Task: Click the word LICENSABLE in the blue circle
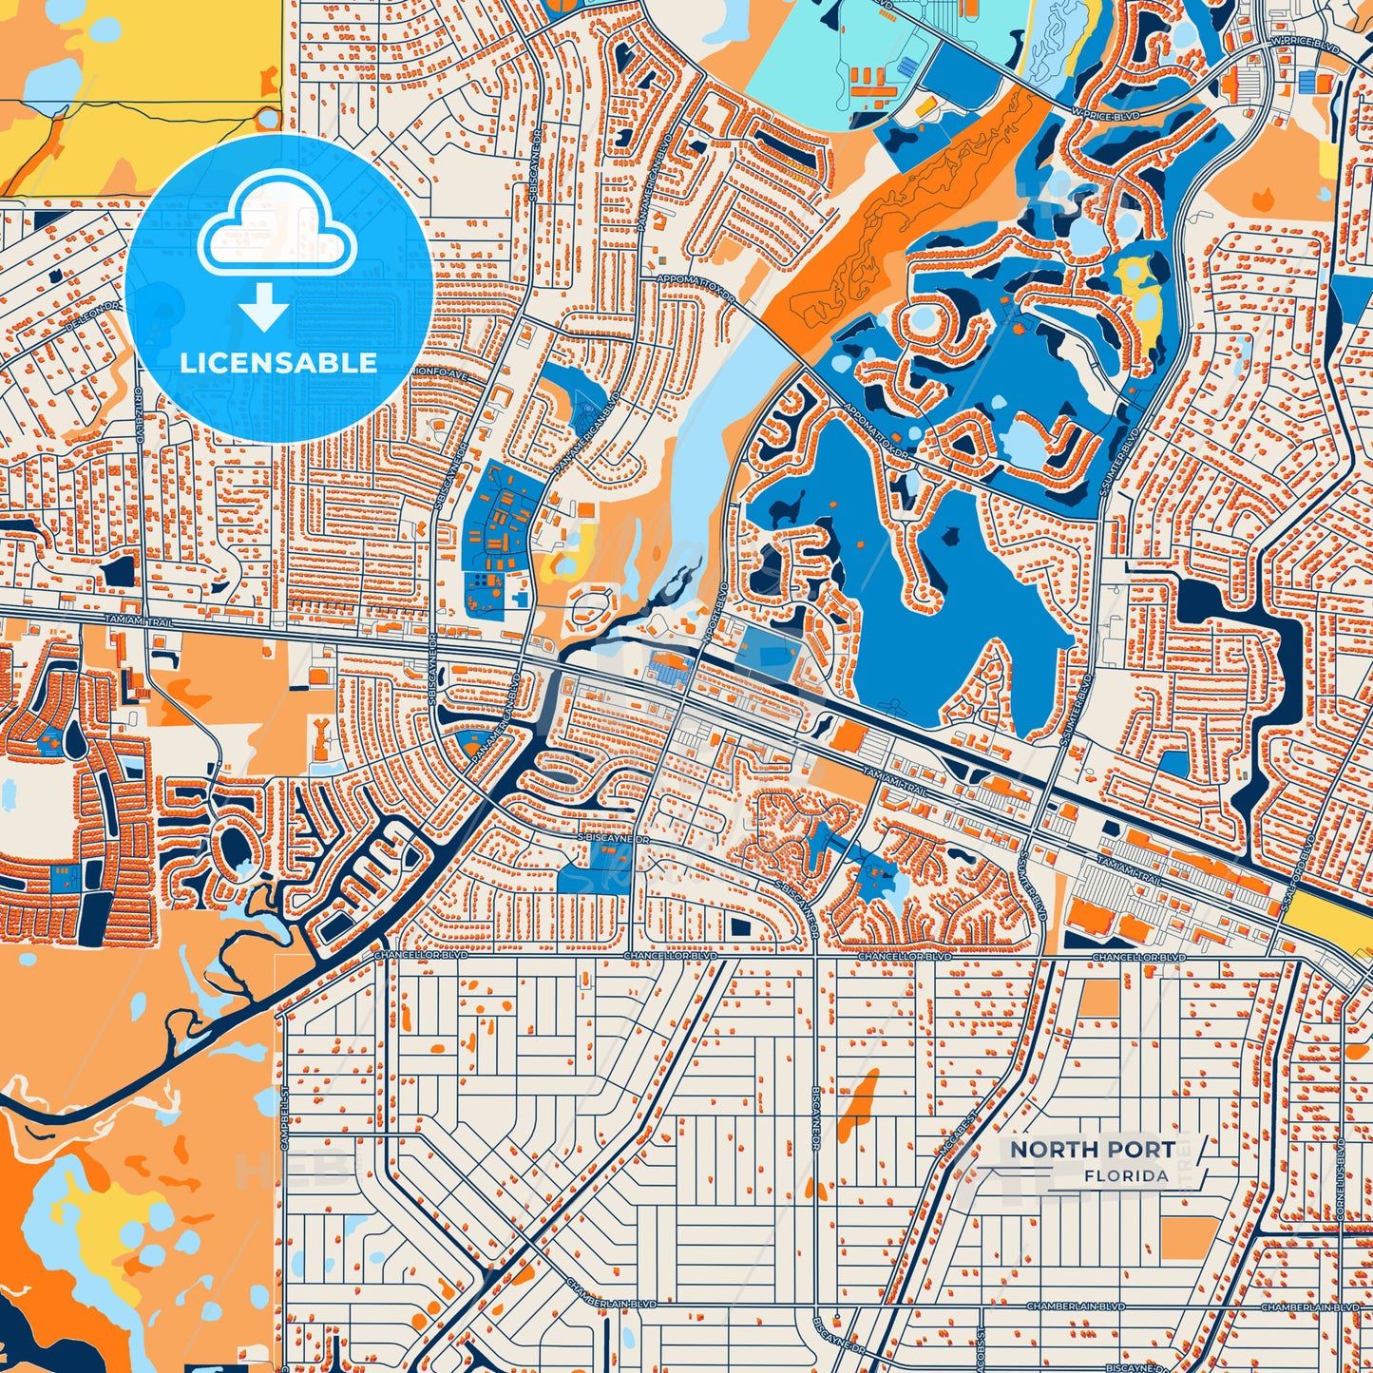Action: click(x=278, y=363)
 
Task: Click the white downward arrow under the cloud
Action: click(x=265, y=306)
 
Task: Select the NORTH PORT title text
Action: click(x=1092, y=1149)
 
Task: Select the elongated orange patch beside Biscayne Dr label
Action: click(x=860, y=1097)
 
